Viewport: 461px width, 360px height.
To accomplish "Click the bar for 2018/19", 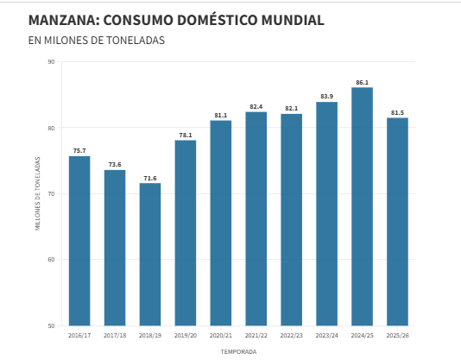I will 150,254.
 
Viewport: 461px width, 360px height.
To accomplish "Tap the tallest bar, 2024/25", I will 362,206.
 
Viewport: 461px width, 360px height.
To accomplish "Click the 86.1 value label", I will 362,82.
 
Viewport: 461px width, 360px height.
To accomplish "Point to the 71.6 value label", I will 150,178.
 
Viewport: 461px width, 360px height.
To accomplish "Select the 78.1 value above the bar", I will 186,135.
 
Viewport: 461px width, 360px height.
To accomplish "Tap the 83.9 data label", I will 326,97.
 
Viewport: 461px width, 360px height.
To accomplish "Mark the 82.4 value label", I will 256,106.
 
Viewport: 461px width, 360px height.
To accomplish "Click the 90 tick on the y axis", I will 52,62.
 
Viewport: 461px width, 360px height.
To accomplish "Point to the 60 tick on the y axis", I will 52,260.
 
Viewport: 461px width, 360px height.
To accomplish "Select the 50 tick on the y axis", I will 52,325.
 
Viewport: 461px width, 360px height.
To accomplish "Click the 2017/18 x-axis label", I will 115,335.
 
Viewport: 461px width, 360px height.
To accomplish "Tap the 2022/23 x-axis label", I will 291,335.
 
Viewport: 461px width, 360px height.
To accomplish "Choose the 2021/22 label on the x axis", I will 256,335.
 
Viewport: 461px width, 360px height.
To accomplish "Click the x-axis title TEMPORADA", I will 238,351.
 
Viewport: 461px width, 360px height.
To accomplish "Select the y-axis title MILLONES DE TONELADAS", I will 38,193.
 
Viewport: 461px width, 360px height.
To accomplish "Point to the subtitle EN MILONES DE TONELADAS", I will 96,41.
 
